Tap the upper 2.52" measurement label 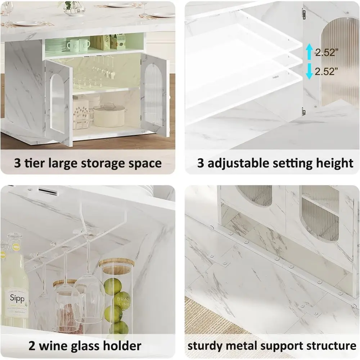(x=327, y=53)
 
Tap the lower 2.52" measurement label (x=327, y=71)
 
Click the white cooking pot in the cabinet (x=108, y=116)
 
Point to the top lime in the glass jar (x=111, y=286)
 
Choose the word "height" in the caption (x=335, y=163)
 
